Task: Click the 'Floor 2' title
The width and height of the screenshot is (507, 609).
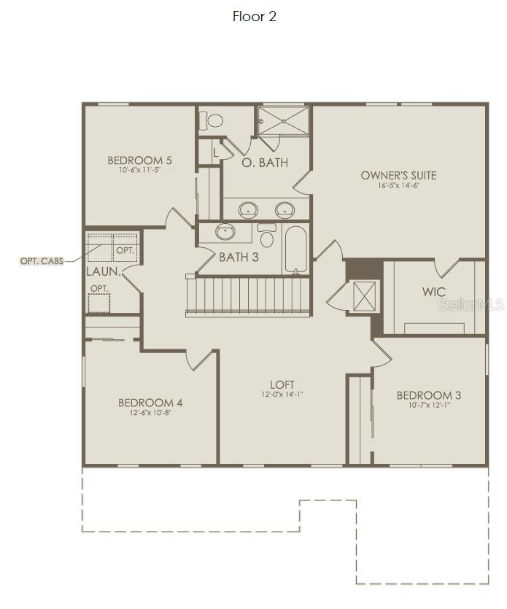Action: pos(254,17)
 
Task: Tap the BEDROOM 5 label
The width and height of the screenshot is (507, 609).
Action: pos(139,160)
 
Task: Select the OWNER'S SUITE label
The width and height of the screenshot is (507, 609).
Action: pos(399,175)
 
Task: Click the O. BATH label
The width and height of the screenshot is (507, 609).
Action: pos(264,163)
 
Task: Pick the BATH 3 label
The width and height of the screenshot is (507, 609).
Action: pos(239,257)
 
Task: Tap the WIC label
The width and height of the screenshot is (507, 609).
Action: pos(433,292)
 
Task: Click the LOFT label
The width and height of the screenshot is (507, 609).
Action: pos(282,384)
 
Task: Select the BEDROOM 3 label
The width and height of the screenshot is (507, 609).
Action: pos(429,395)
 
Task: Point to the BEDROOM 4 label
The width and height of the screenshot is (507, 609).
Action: pos(150,403)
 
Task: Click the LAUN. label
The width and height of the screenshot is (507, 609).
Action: pos(103,271)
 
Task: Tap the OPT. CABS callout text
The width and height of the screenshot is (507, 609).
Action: pos(41,260)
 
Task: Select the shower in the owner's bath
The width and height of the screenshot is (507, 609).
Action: pos(283,121)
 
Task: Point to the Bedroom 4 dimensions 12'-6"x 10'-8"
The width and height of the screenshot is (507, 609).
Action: pos(150,413)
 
